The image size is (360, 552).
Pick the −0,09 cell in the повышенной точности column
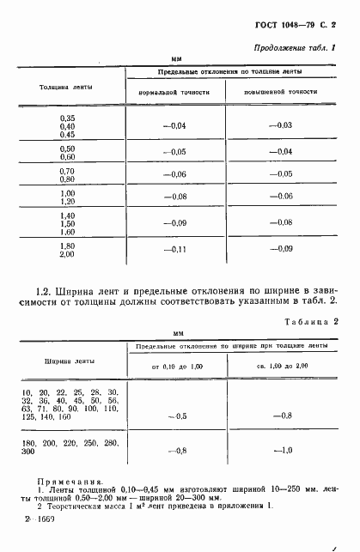click(281, 249)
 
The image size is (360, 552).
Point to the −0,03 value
click(281, 126)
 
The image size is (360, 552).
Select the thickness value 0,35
click(67, 118)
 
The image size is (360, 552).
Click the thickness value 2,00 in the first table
click(67, 254)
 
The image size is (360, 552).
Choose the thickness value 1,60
click(67, 232)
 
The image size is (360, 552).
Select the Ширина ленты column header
click(65, 361)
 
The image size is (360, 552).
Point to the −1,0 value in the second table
click(282, 450)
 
